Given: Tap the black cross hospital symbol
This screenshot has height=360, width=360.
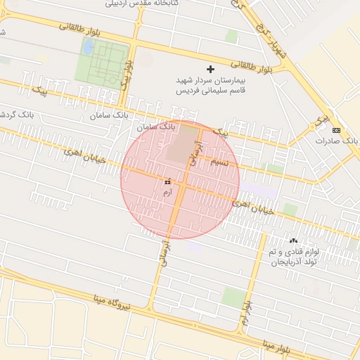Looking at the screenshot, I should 210,69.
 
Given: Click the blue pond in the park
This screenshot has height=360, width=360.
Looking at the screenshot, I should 89,48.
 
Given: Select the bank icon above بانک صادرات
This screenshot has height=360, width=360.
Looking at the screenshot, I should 336,130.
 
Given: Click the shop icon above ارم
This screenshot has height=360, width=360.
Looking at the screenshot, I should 167,181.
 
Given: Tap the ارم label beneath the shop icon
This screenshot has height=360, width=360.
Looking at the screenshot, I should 167,191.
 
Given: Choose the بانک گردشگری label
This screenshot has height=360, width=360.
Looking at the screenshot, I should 14,114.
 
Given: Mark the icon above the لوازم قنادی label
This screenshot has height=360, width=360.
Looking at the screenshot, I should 293,240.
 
